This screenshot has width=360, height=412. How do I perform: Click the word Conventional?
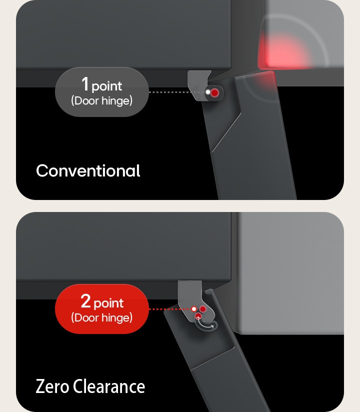coord(88,171)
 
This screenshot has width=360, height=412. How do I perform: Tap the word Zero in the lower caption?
coord(52,386)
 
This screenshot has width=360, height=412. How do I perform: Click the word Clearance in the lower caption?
coord(109,386)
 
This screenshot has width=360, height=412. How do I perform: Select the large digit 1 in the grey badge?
coord(85,84)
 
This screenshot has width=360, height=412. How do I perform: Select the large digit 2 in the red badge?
coord(85,301)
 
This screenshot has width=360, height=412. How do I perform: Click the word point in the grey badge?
coord(107,86)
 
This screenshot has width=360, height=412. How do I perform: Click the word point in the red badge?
coord(108,303)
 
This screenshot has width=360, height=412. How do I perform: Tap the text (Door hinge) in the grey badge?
coord(101,100)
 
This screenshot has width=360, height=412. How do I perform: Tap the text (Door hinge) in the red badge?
coord(101,317)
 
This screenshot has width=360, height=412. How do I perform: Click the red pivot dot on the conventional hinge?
coord(214,92)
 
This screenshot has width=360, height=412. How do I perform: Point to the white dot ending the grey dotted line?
coord(207,92)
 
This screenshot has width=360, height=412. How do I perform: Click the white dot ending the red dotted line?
coord(194,309)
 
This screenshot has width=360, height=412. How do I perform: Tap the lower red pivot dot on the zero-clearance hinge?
coord(198,315)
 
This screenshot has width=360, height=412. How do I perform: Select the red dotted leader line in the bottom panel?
coord(170,309)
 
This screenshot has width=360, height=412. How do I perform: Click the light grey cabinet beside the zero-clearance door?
coord(290,272)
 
